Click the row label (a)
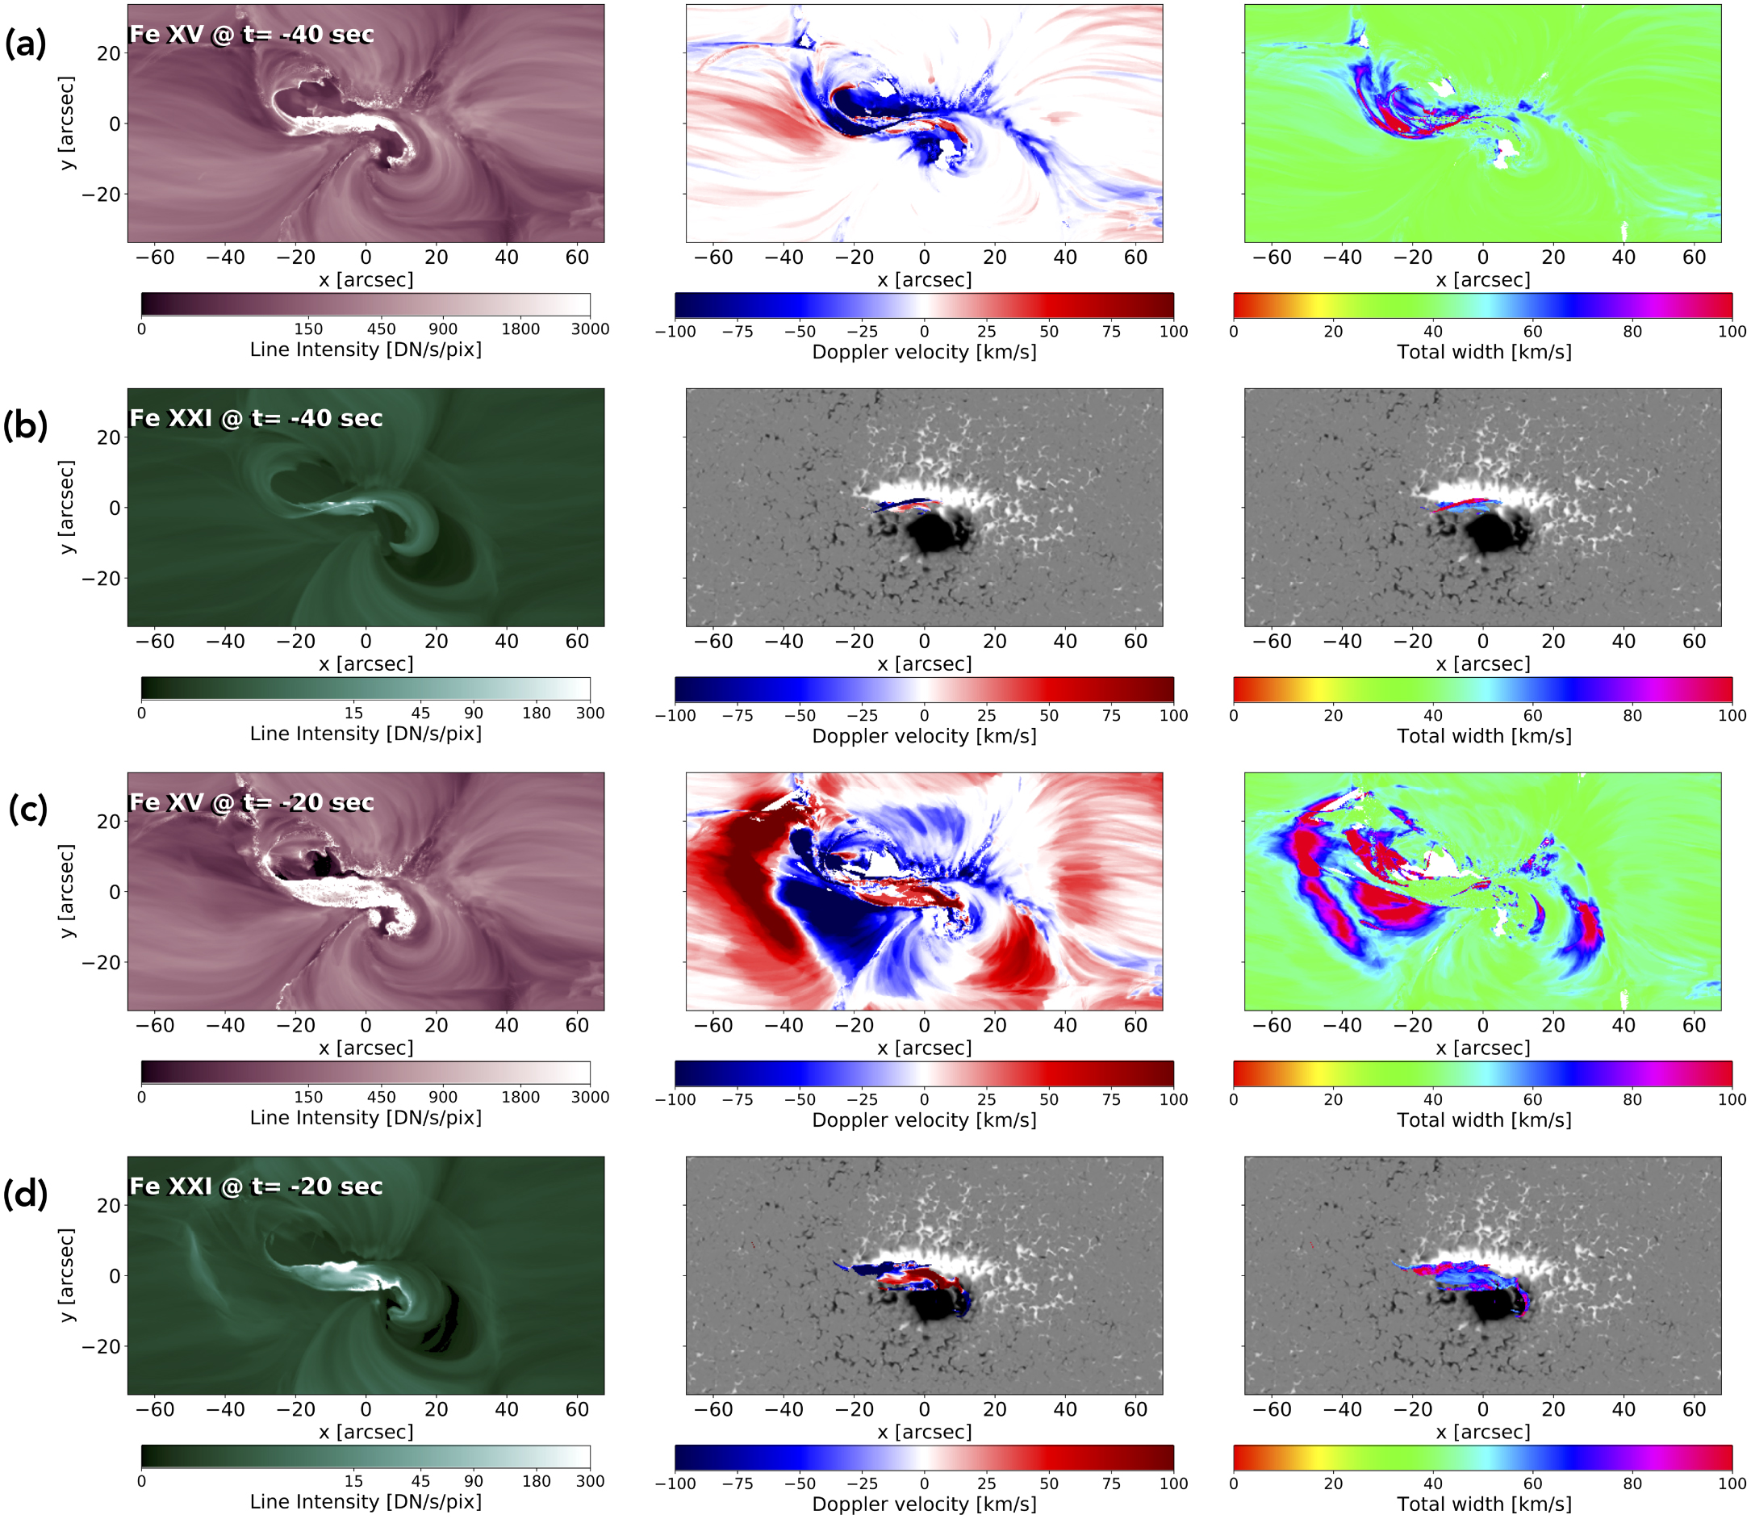[x=26, y=43]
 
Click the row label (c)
[x=27, y=810]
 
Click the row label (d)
[x=26, y=1194]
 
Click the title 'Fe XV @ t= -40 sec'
[x=251, y=35]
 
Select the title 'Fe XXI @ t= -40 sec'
[x=255, y=419]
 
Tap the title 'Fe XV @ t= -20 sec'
[x=251, y=803]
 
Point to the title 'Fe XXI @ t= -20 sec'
[x=255, y=1186]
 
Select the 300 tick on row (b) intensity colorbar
[x=590, y=713]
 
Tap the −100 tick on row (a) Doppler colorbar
[x=675, y=332]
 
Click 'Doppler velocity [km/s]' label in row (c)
[x=924, y=1119]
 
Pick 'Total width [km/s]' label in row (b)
[x=1483, y=736]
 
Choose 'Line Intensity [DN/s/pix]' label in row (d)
[x=366, y=1501]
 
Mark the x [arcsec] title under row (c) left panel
[x=366, y=1048]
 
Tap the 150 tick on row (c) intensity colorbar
[x=308, y=1097]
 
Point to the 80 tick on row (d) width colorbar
[x=1632, y=1483]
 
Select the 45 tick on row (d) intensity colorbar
[x=420, y=1481]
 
